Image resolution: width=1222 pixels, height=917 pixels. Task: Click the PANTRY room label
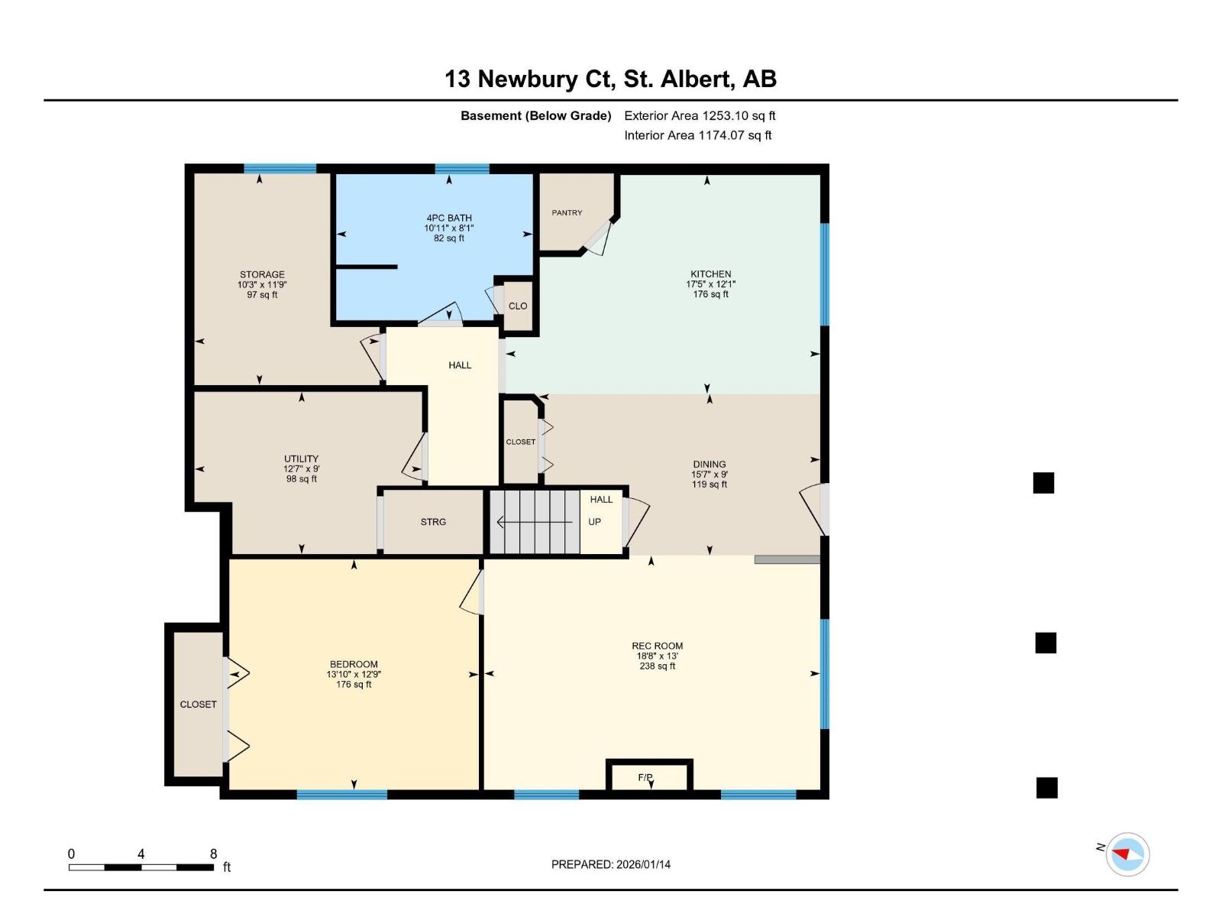click(x=567, y=212)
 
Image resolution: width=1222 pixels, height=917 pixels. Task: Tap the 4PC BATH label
click(x=449, y=218)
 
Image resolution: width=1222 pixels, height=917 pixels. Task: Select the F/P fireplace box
click(x=649, y=775)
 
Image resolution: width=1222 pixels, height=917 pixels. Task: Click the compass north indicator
click(x=1127, y=854)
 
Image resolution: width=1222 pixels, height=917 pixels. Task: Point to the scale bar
click(x=141, y=867)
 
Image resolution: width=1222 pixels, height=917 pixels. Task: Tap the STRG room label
click(x=433, y=522)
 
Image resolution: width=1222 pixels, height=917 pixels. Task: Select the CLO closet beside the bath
click(x=518, y=306)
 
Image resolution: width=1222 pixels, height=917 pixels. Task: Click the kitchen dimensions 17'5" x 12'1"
click(x=710, y=284)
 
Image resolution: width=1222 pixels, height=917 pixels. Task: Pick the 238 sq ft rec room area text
click(x=657, y=666)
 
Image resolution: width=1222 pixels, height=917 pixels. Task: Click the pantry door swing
click(x=598, y=238)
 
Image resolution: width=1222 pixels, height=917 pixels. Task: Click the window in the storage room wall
click(x=280, y=169)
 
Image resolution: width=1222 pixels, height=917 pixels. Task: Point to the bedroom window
click(x=341, y=795)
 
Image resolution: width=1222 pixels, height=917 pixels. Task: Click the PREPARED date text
click(x=611, y=864)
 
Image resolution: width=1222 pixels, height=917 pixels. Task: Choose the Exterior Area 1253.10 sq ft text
click(x=700, y=116)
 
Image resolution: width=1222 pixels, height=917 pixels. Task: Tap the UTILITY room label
click(x=301, y=459)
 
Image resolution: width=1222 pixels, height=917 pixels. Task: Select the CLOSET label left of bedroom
click(x=198, y=705)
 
